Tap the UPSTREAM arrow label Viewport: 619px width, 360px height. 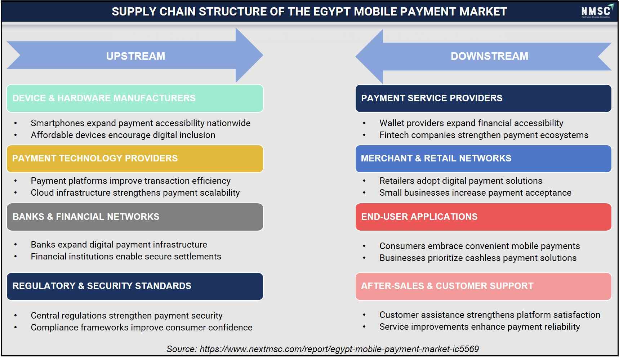(x=135, y=56)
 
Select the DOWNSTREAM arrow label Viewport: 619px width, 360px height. (x=489, y=56)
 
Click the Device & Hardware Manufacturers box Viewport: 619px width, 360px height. (x=135, y=98)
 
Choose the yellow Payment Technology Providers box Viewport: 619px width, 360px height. (x=135, y=159)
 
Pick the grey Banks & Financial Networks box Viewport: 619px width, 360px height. (x=135, y=217)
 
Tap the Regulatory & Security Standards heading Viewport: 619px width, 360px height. (x=102, y=286)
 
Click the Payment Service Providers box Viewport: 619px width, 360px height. (x=483, y=98)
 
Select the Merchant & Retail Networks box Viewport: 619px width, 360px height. (x=483, y=159)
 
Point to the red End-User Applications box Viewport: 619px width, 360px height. (x=483, y=217)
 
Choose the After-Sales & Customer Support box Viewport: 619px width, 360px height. (x=483, y=286)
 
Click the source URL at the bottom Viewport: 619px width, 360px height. (x=339, y=349)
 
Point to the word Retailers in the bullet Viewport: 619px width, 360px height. (x=396, y=181)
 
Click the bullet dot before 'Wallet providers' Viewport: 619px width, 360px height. (x=364, y=124)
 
